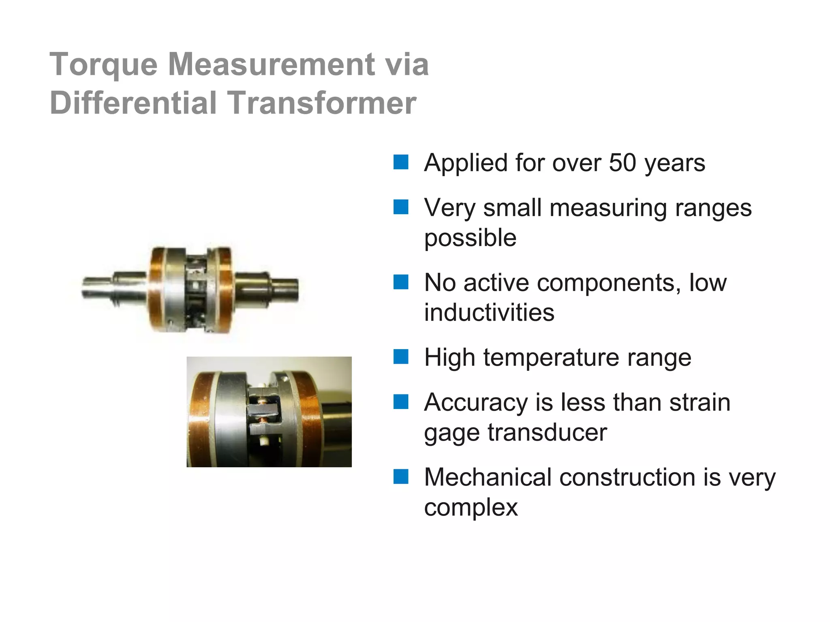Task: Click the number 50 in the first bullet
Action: pos(622,163)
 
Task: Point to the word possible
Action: pos(470,238)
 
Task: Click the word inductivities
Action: pos(489,313)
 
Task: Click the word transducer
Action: pos(547,432)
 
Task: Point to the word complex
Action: pos(471,508)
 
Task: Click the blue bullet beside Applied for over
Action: pos(401,162)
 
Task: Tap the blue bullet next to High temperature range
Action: pos(401,357)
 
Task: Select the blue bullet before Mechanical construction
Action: pos(401,477)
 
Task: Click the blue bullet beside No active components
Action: pos(401,282)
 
